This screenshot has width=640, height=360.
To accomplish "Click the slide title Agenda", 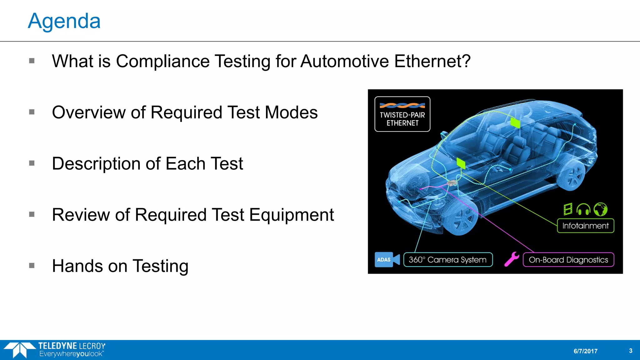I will click(64, 21).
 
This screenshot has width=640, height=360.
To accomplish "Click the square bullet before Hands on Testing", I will click(32, 266).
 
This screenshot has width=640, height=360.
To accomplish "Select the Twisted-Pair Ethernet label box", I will click(402, 114).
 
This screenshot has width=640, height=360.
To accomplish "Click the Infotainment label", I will click(585, 226).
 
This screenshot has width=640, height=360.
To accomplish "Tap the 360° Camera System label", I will click(447, 260).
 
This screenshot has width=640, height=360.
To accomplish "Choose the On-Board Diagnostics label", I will click(568, 260).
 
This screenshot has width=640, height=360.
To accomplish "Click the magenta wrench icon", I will click(512, 259).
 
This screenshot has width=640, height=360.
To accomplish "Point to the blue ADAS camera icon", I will click(387, 260).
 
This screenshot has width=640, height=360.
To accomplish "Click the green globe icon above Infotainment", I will click(600, 209).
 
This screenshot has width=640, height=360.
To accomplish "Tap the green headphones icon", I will click(583, 209).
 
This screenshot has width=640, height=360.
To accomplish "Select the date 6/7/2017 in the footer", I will click(585, 351).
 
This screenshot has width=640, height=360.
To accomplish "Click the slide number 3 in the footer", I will click(630, 351).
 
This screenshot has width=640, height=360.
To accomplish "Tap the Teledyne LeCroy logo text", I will click(72, 346).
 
